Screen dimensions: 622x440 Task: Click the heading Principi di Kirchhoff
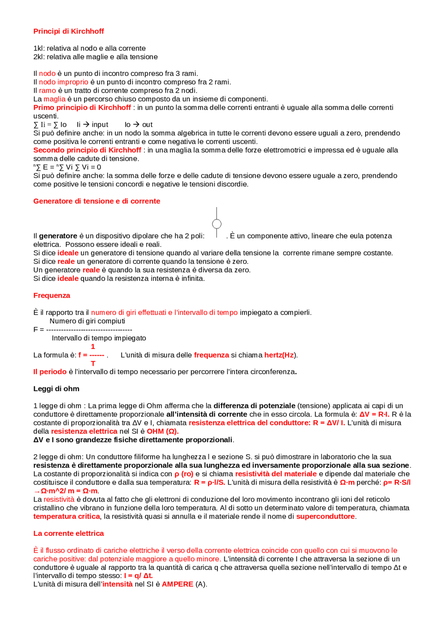pyautogui.click(x=68, y=31)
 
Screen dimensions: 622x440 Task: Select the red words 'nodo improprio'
pyautogui.click(x=63, y=82)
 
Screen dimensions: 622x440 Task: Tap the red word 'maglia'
pyautogui.click(x=54, y=99)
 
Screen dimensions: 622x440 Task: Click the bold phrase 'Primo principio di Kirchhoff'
pyautogui.click(x=82, y=108)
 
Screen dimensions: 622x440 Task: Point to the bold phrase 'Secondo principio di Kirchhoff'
pyautogui.click(x=87, y=150)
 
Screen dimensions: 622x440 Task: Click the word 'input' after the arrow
pyautogui.click(x=100, y=125)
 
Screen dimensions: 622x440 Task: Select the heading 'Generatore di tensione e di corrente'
pyautogui.click(x=97, y=201)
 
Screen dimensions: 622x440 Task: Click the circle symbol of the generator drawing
pyautogui.click(x=217, y=224)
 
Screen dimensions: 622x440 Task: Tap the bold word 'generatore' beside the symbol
pyautogui.click(x=58, y=236)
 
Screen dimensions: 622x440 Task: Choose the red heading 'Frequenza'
pyautogui.click(x=52, y=296)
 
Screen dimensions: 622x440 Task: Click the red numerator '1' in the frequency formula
pyautogui.click(x=92, y=347)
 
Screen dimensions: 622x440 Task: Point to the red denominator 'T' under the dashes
pyautogui.click(x=93, y=363)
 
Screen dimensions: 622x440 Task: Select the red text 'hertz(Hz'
pyautogui.click(x=279, y=355)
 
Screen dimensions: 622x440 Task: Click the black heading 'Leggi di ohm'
pyautogui.click(x=56, y=389)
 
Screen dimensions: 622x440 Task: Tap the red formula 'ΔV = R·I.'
pyautogui.click(x=374, y=415)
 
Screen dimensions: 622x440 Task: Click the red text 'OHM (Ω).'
pyautogui.click(x=163, y=431)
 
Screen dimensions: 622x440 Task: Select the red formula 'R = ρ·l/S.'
pyautogui.click(x=209, y=483)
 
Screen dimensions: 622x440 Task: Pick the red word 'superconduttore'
pyautogui.click(x=325, y=517)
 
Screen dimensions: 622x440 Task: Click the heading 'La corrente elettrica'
pyautogui.click(x=68, y=533)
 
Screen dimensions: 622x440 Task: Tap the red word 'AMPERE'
pyautogui.click(x=177, y=584)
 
